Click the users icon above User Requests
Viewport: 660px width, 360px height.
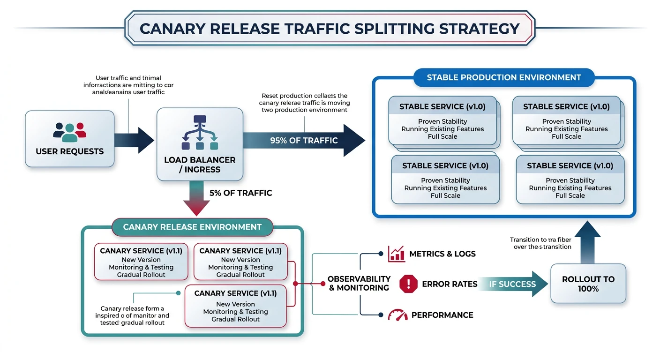(x=70, y=132)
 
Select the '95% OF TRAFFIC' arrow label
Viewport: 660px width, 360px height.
(x=304, y=140)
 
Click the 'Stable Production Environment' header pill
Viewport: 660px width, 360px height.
(x=504, y=77)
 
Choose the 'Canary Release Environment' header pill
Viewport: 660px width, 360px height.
(x=192, y=227)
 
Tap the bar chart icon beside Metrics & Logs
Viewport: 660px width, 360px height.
(x=397, y=254)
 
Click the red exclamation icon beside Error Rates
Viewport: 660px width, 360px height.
(x=408, y=284)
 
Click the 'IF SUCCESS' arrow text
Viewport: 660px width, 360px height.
(x=512, y=284)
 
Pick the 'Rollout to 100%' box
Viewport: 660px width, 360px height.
(x=588, y=284)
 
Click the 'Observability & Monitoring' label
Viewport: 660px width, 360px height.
(x=359, y=284)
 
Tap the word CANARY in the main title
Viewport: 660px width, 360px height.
(x=172, y=29)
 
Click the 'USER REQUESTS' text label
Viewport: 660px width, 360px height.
(x=70, y=151)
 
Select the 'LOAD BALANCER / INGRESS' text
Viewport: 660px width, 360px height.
(x=200, y=165)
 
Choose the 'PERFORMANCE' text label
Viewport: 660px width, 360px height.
(x=442, y=315)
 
